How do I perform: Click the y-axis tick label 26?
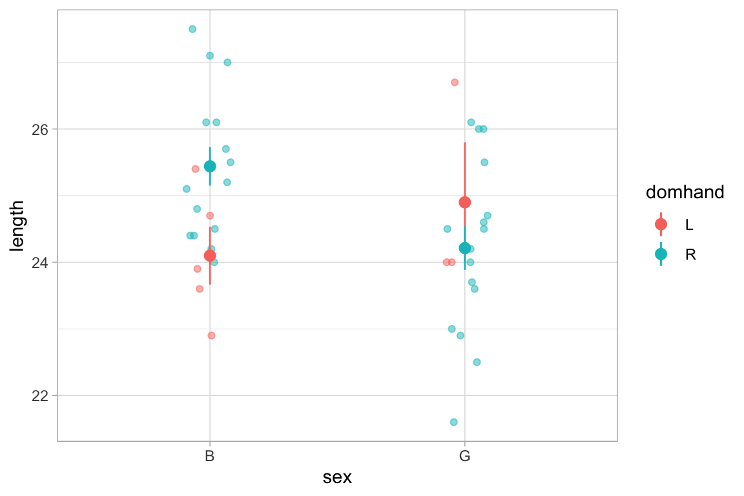click(x=40, y=129)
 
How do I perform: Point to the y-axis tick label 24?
click(x=40, y=262)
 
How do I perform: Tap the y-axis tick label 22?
click(x=40, y=395)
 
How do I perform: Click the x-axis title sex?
click(x=336, y=478)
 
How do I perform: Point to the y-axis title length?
click(x=17, y=225)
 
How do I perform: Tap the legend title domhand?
click(x=685, y=192)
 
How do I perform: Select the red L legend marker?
click(x=661, y=224)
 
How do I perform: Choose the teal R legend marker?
click(x=661, y=254)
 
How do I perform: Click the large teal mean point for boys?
click(x=210, y=166)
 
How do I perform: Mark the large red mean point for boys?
click(x=210, y=256)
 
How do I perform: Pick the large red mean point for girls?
click(x=465, y=202)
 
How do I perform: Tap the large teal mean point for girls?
click(x=465, y=248)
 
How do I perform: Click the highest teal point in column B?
click(x=192, y=29)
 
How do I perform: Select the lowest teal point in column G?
click(x=454, y=422)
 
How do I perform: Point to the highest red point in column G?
click(x=455, y=83)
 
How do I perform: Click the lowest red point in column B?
click(x=211, y=336)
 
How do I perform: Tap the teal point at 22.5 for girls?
click(x=477, y=362)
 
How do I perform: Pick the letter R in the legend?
click(x=690, y=255)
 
